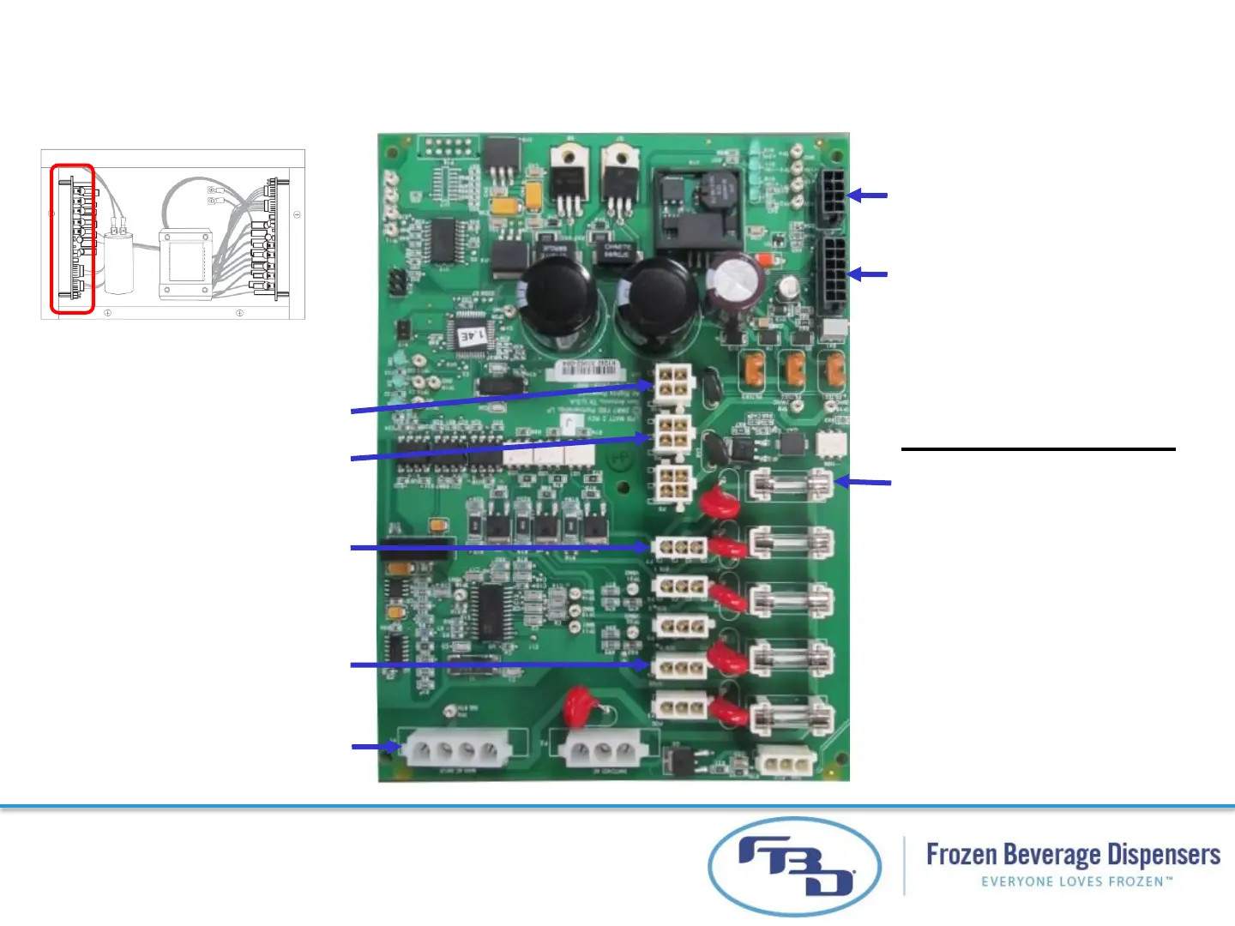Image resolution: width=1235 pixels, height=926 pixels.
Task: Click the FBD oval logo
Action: coord(794,866)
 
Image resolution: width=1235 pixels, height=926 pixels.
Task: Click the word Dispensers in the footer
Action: coord(1163,855)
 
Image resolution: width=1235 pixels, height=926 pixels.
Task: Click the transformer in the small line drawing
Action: coord(185,263)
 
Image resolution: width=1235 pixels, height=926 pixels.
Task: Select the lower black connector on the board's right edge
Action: coord(833,274)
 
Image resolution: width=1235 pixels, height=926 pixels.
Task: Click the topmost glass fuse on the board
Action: coord(790,485)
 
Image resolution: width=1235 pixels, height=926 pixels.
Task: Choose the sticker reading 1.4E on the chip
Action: coord(473,334)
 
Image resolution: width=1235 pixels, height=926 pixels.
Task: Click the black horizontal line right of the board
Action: coord(1038,448)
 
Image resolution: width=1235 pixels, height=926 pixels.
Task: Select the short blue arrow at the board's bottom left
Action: coord(376,747)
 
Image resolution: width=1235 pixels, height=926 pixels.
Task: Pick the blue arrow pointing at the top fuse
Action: coord(863,483)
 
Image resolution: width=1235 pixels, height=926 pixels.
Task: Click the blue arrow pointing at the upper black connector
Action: coord(867,195)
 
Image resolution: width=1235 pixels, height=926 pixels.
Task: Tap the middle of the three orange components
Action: coord(794,369)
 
